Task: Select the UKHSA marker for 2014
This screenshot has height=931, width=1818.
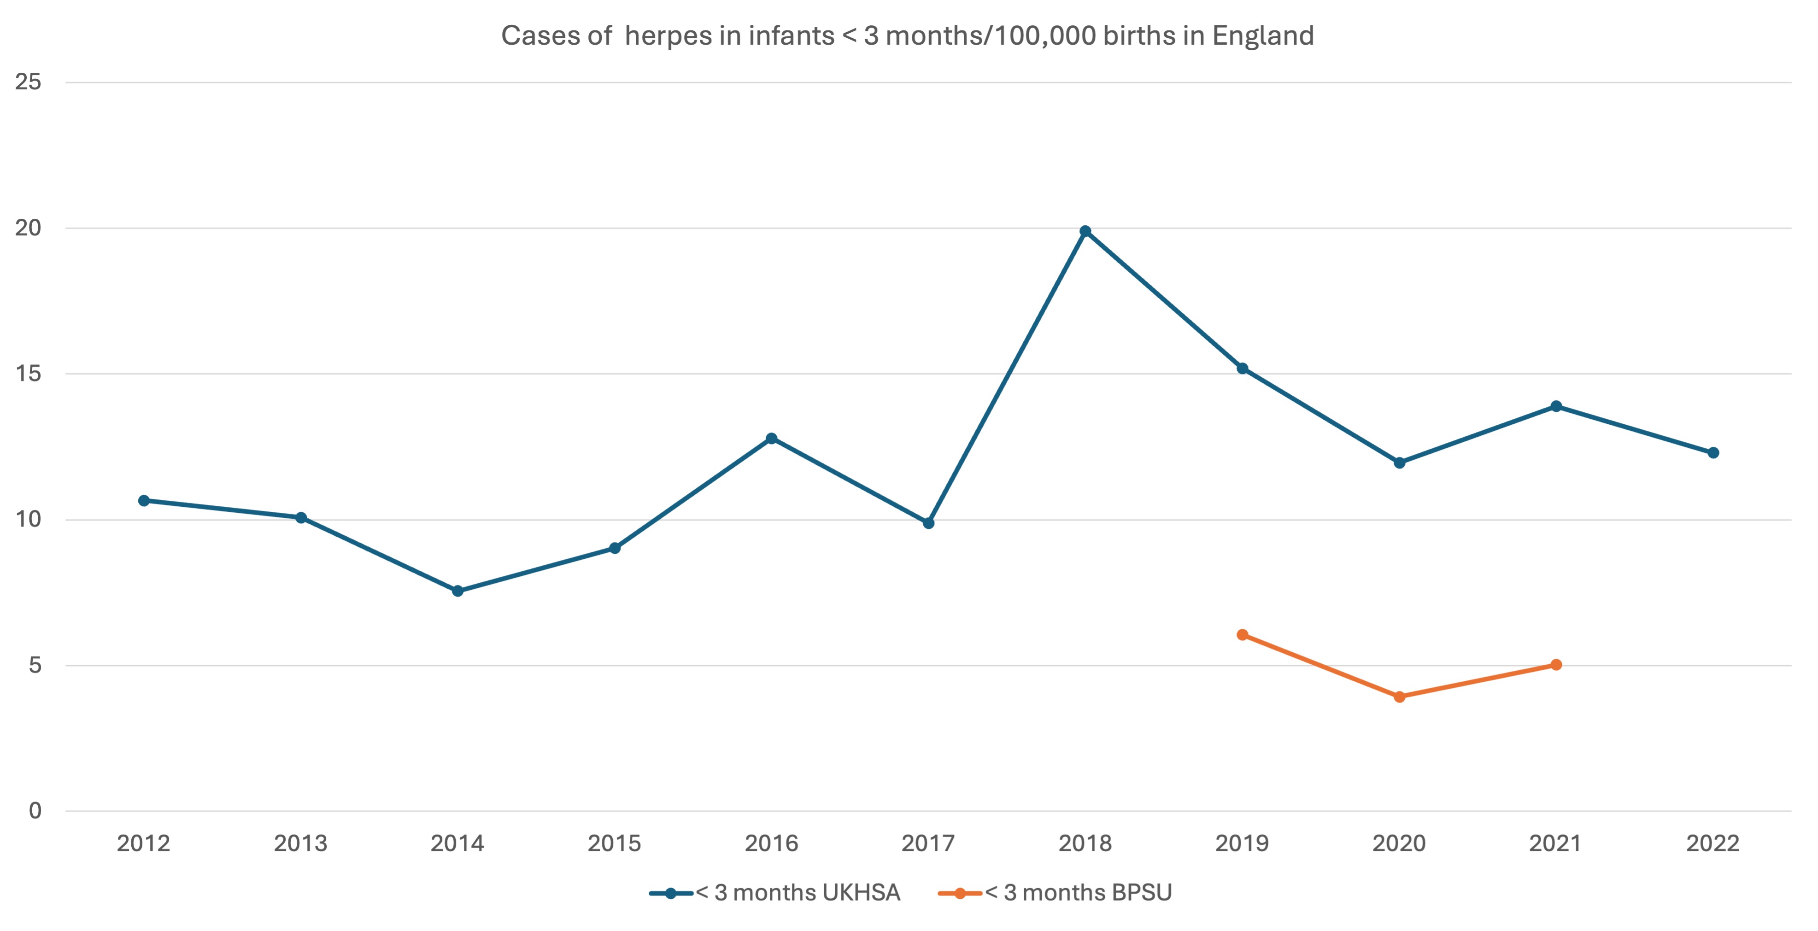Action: (x=457, y=591)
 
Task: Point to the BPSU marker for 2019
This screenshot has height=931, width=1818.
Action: (x=1242, y=634)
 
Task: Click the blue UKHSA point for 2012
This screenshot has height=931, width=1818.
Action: (x=144, y=500)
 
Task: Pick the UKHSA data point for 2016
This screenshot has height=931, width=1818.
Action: (x=771, y=439)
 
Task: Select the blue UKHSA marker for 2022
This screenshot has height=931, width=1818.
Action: (x=1713, y=452)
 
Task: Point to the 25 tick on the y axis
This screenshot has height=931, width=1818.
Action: (x=28, y=82)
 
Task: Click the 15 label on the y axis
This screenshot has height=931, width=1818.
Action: (x=28, y=374)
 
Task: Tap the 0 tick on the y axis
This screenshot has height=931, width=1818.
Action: (x=35, y=810)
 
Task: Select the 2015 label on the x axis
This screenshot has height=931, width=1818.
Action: (x=614, y=843)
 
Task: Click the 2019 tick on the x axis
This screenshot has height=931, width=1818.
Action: (x=1242, y=843)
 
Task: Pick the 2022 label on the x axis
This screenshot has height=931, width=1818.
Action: (x=1713, y=843)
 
